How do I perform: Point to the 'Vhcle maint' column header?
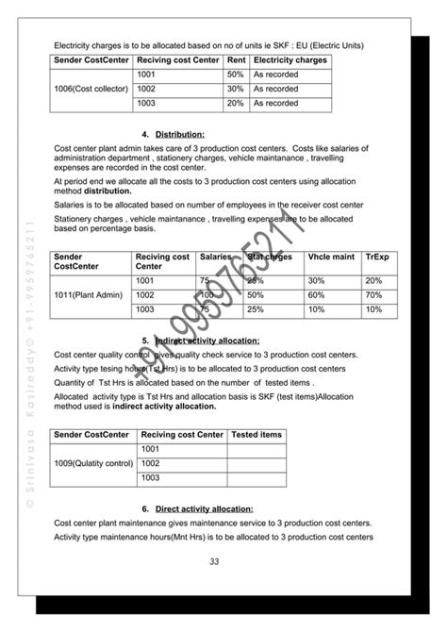[x=328, y=257]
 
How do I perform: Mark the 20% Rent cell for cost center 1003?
[x=235, y=103]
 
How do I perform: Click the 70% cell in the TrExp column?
[x=373, y=295]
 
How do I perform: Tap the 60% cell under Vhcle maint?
[x=316, y=295]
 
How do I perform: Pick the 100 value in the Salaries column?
[x=207, y=295]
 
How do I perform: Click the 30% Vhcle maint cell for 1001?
[x=316, y=281]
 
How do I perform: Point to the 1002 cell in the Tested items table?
[x=148, y=464]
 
